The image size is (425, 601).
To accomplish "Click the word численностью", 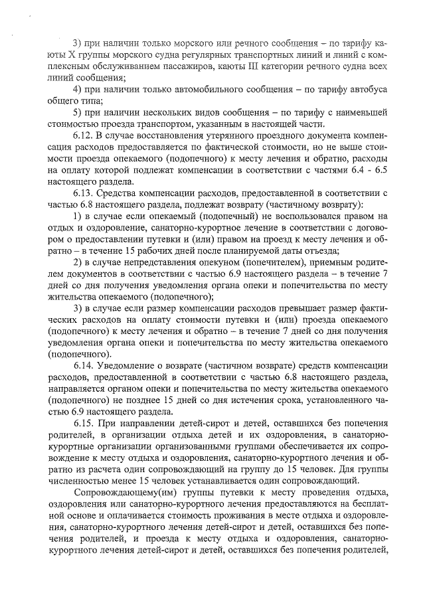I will point(81,481).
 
